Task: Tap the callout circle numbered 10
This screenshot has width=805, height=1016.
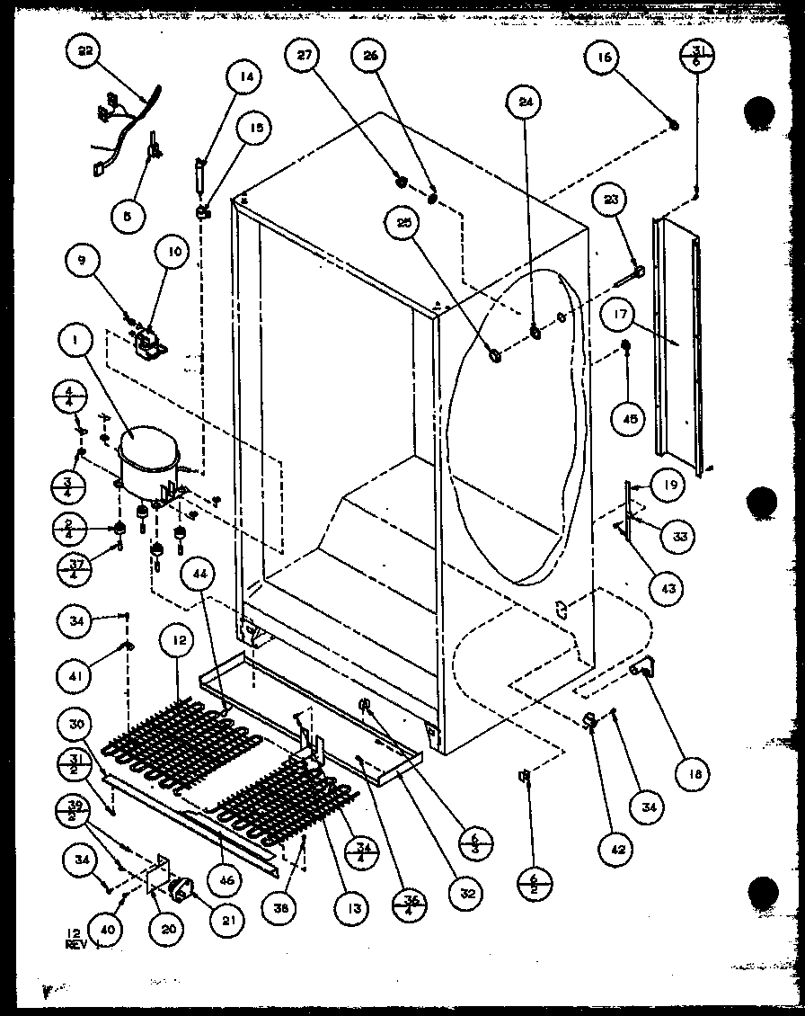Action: click(172, 253)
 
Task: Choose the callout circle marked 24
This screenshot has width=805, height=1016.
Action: click(525, 102)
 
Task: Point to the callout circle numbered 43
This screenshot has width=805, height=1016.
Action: click(668, 588)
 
